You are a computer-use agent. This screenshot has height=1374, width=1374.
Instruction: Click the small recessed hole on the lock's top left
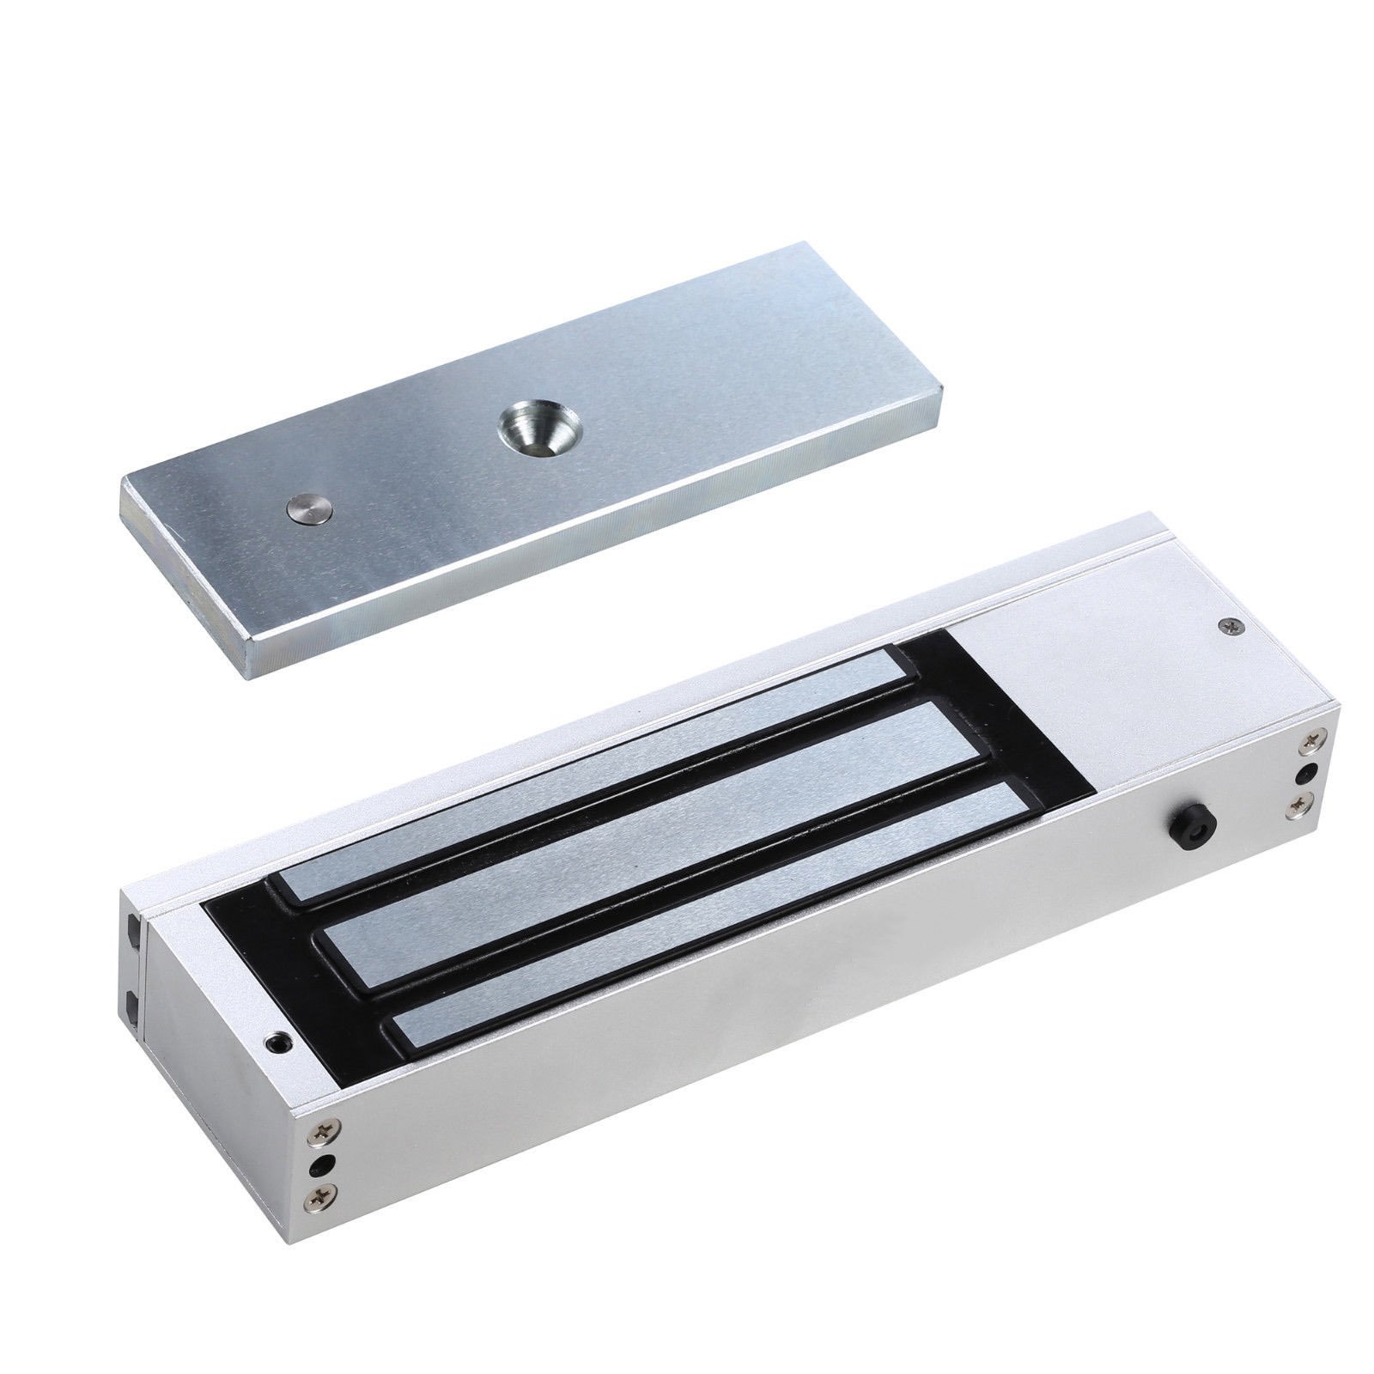276,1043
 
